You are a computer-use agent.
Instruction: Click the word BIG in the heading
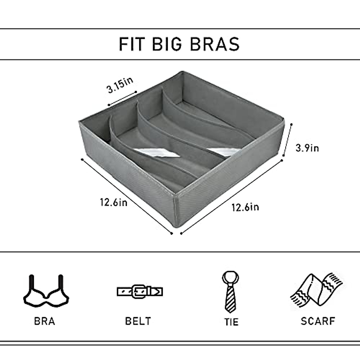click(x=167, y=44)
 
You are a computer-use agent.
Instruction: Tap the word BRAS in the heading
click(x=215, y=44)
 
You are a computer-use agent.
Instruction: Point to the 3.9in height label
click(x=307, y=148)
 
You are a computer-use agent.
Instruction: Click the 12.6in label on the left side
click(x=114, y=202)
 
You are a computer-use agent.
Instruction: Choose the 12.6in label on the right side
click(x=245, y=207)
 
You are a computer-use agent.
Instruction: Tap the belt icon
click(x=140, y=291)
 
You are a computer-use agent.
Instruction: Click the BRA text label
click(x=45, y=321)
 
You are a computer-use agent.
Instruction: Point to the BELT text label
click(x=138, y=321)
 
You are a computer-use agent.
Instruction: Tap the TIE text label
click(x=231, y=322)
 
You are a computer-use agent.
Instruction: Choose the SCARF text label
click(x=318, y=321)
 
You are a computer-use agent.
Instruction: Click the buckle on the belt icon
click(x=139, y=291)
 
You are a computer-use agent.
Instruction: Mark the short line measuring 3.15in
click(x=122, y=98)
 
